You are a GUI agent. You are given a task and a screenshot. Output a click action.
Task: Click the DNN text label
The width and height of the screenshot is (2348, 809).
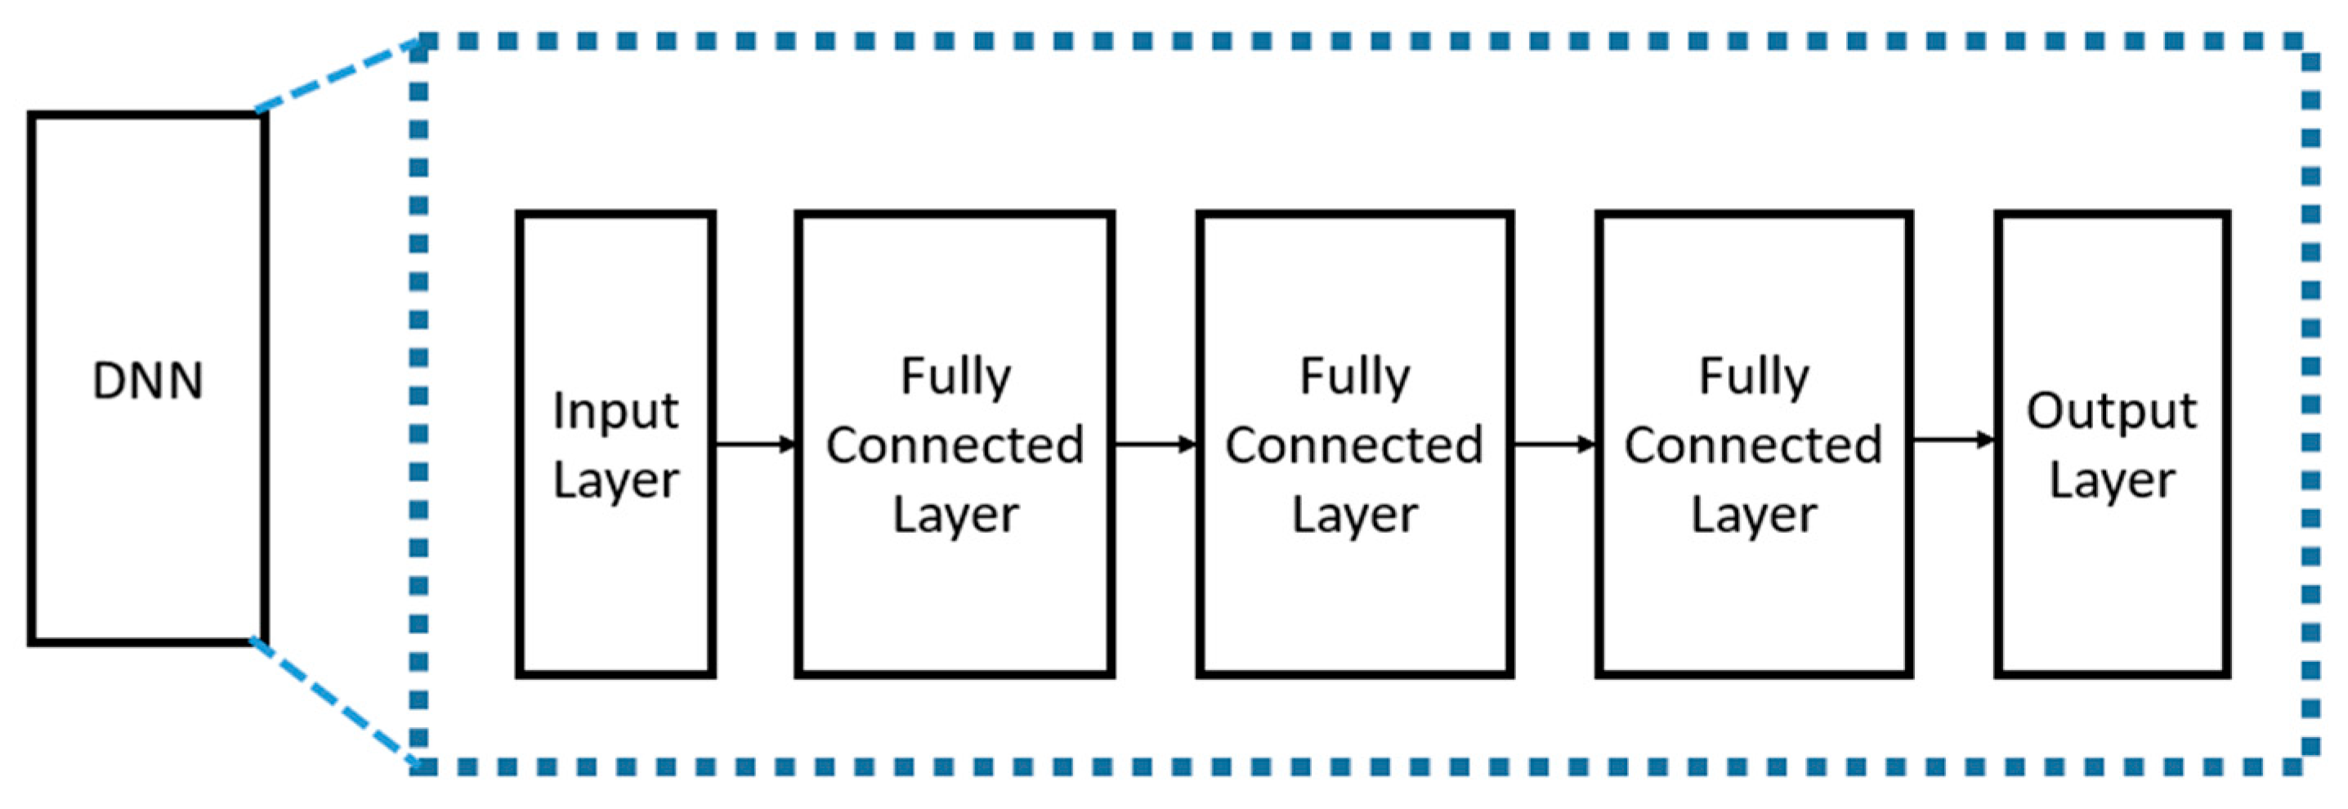click(x=148, y=381)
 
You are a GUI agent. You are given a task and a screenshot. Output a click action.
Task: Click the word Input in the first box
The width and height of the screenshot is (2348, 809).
click(x=615, y=411)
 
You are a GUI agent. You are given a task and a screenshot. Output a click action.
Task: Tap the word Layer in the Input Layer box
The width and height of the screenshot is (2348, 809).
click(x=615, y=480)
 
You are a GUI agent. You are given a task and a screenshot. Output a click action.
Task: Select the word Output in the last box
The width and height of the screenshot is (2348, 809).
click(x=2111, y=411)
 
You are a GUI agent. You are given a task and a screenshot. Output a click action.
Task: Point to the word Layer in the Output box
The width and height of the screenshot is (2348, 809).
click(x=2111, y=480)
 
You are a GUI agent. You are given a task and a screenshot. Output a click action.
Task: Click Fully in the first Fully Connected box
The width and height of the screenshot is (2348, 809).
click(x=955, y=376)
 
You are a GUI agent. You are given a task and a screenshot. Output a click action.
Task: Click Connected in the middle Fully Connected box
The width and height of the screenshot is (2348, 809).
click(x=1353, y=445)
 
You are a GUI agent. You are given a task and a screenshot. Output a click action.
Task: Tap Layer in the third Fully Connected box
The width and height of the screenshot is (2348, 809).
click(x=1753, y=515)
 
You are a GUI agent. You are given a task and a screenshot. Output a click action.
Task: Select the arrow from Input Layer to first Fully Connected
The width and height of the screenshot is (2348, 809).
click(x=754, y=445)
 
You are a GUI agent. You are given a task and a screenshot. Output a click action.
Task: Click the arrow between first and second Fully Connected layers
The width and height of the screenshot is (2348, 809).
click(x=1154, y=445)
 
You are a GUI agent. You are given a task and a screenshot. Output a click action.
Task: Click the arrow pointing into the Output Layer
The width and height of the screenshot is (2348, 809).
click(x=1952, y=441)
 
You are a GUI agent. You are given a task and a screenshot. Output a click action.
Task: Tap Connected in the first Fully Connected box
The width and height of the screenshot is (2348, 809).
click(x=955, y=445)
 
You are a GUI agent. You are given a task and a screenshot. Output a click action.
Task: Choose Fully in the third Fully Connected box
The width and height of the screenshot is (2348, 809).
click(x=1753, y=376)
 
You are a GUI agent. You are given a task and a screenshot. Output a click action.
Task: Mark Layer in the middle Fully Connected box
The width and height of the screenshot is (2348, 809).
click(x=1353, y=515)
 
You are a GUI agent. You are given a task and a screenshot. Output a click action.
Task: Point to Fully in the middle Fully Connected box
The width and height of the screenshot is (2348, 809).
click(x=1353, y=376)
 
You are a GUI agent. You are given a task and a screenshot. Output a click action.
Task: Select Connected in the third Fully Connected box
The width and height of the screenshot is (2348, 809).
click(x=1753, y=445)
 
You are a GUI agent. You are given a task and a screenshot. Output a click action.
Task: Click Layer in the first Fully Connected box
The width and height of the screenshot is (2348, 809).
click(x=955, y=515)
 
